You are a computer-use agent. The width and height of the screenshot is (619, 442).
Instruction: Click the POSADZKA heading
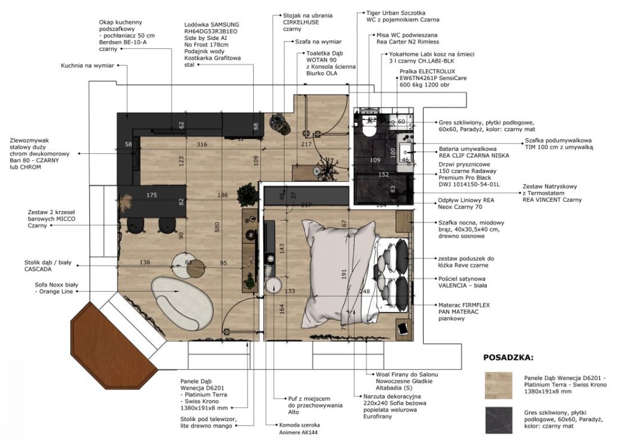508,358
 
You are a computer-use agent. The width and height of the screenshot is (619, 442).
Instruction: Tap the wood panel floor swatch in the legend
499,385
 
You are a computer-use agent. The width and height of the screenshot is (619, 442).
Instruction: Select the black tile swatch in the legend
499,421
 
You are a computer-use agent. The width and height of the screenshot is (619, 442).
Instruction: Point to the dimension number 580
217,227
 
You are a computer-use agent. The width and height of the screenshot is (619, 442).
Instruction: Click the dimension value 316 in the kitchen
201,144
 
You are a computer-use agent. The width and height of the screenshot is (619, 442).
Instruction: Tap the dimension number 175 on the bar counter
151,195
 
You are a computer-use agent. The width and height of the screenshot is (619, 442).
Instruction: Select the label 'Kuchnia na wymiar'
87,65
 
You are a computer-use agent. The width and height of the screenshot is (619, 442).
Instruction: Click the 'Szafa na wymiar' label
318,42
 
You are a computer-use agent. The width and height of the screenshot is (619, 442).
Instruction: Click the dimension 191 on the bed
343,274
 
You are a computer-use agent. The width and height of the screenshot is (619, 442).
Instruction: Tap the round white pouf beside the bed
273,285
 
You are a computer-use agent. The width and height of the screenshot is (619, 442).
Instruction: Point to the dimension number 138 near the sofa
145,262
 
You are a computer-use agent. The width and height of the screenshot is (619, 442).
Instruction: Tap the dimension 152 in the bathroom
384,174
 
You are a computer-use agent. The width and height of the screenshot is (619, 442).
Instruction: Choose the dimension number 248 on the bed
365,291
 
